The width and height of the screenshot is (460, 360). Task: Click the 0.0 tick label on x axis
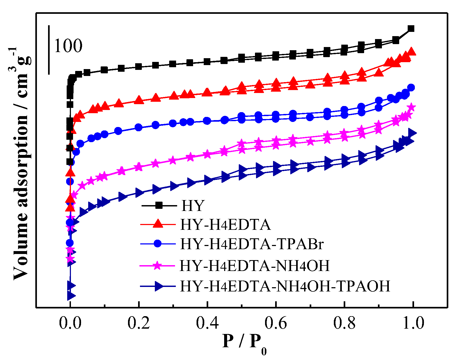click(x=70, y=323)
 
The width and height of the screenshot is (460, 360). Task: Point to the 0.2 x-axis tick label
click(x=139, y=323)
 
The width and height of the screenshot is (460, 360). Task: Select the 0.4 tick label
click(x=207, y=323)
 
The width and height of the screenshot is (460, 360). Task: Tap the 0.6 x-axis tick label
click(x=276, y=323)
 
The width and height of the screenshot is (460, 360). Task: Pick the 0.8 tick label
click(x=344, y=323)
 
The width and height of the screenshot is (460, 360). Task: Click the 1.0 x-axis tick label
click(x=413, y=323)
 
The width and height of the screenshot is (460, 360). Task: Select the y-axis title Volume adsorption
click(x=21, y=165)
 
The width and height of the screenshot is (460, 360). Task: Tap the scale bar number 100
click(x=68, y=46)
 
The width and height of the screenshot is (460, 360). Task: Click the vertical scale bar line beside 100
click(x=49, y=50)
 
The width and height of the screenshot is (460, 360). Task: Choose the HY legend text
click(x=193, y=205)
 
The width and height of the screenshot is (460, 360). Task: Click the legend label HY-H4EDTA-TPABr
click(x=252, y=244)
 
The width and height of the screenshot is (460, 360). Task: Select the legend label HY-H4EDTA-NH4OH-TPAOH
click(x=285, y=286)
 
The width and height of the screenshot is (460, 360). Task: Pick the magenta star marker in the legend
click(x=158, y=265)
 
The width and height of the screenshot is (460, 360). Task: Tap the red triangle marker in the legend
click(x=158, y=224)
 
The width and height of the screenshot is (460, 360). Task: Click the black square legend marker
click(x=159, y=205)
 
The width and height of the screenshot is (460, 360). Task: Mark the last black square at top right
click(x=411, y=29)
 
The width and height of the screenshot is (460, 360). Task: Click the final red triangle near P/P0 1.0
click(x=411, y=52)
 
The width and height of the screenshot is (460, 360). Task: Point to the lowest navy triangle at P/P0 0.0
click(x=71, y=295)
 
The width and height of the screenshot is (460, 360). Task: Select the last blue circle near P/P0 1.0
click(x=411, y=87)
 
